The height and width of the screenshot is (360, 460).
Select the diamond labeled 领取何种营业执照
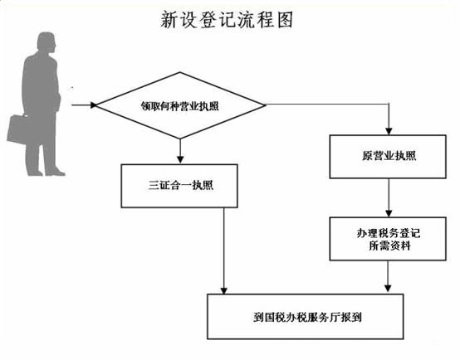pyautogui.click(x=180, y=105)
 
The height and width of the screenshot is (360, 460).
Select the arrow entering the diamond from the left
pyautogui.click(x=84, y=105)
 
